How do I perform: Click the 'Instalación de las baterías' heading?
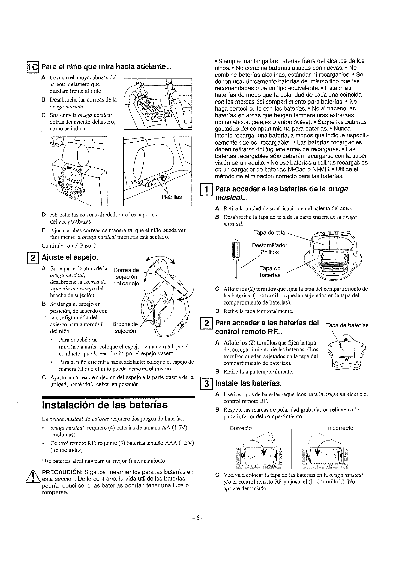pyautogui.click(x=104, y=404)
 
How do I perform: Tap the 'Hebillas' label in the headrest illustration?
pyautogui.click(x=172, y=197)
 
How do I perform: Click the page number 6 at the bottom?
pyautogui.click(x=198, y=518)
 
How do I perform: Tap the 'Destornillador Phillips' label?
pyautogui.click(x=269, y=249)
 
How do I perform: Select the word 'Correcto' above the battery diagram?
pyautogui.click(x=241, y=428)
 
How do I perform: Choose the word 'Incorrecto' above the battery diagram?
pyautogui.click(x=340, y=428)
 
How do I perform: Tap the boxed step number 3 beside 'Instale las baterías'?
pyautogui.click(x=205, y=383)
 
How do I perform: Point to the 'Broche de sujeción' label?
pyautogui.click(x=125, y=327)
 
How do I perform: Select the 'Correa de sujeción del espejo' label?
pyautogui.click(x=126, y=277)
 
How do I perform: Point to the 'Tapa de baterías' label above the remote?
pyautogui.click(x=347, y=325)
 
